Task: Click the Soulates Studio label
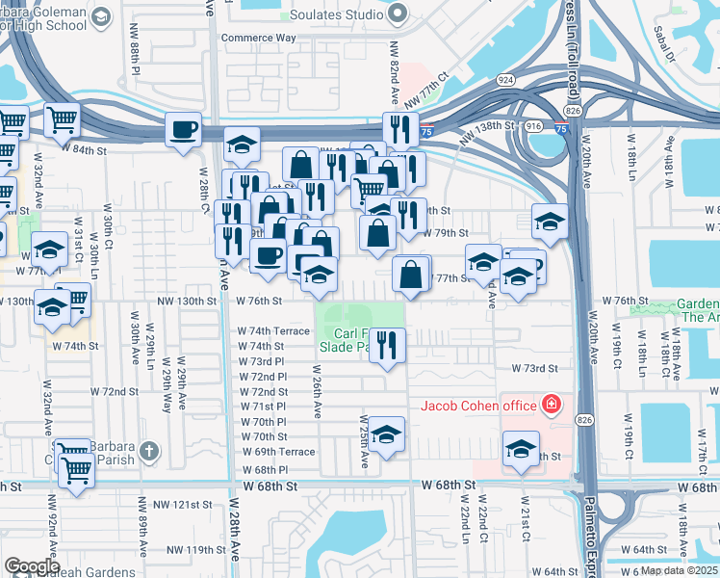tap(339, 15)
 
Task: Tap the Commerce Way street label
tap(258, 39)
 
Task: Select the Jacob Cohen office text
tap(477, 406)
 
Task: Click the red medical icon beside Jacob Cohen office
tap(552, 405)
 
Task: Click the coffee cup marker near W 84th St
tap(183, 129)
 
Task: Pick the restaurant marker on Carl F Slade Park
tap(387, 345)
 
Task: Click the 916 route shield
tap(535, 126)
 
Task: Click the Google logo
tap(32, 566)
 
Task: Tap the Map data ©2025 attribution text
tap(679, 570)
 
